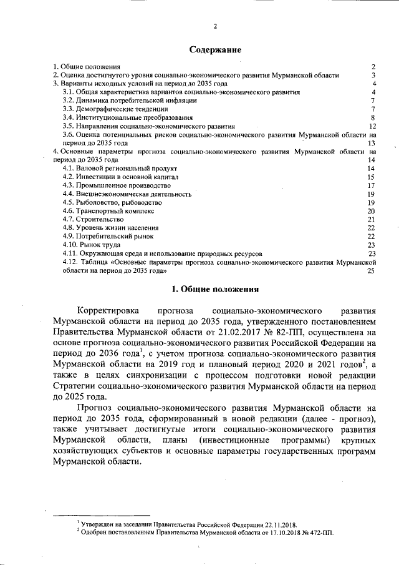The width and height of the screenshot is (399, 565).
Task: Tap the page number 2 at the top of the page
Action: click(214, 26)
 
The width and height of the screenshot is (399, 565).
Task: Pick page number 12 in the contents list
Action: click(372, 125)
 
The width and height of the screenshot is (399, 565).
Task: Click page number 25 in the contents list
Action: click(372, 271)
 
